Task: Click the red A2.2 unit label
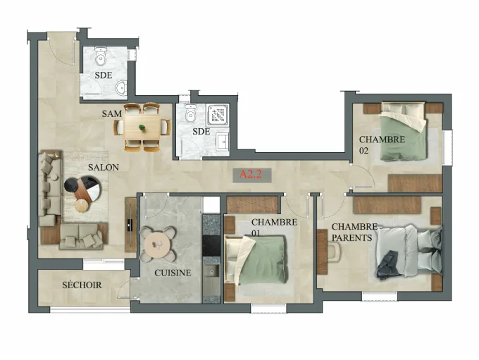[250, 175]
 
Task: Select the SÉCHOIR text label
[82, 285]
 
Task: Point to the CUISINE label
[173, 273]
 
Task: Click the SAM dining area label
[112, 114]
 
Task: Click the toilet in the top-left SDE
[100, 56]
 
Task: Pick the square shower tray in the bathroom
[218, 116]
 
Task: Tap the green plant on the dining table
[142, 128]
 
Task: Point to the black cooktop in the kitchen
[211, 245]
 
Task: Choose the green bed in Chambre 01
[256, 260]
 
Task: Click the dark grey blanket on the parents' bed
[387, 265]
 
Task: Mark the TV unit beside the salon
[131, 224]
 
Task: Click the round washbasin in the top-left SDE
[122, 87]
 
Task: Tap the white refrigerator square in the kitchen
[211, 205]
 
